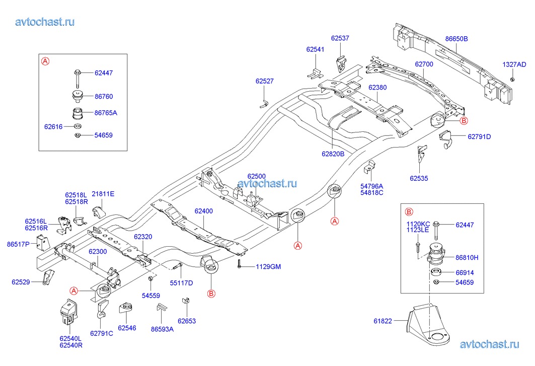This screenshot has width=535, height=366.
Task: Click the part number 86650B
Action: (456, 38)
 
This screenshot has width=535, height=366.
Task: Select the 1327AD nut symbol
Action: (512, 79)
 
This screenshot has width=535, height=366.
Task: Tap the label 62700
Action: (424, 64)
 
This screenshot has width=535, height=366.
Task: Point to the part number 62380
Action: (377, 87)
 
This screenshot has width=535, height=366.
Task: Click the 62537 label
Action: (340, 38)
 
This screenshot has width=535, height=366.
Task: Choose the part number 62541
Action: (315, 49)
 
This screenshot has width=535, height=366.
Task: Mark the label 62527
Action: (264, 81)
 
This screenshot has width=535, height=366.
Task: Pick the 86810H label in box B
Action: (467, 257)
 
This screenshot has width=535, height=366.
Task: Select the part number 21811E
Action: (103, 194)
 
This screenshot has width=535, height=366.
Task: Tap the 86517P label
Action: (18, 245)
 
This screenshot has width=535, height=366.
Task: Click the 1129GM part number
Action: (268, 266)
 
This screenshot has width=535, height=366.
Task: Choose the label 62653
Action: (186, 321)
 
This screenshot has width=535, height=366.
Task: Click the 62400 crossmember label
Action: (204, 212)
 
